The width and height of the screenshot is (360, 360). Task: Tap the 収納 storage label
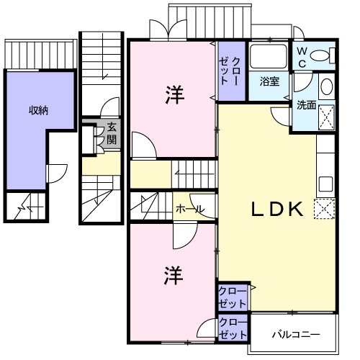[38, 110]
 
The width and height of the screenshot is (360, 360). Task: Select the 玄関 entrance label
[112, 133]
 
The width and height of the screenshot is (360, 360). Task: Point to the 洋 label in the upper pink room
[173, 94]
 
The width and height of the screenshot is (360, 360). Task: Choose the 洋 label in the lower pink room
[171, 274]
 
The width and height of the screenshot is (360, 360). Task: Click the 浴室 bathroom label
[269, 82]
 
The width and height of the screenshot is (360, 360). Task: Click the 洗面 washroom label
[306, 105]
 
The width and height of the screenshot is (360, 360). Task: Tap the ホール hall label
[189, 210]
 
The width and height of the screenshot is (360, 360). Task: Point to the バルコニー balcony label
[295, 335]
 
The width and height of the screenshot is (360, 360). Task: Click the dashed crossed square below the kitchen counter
[325, 209]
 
